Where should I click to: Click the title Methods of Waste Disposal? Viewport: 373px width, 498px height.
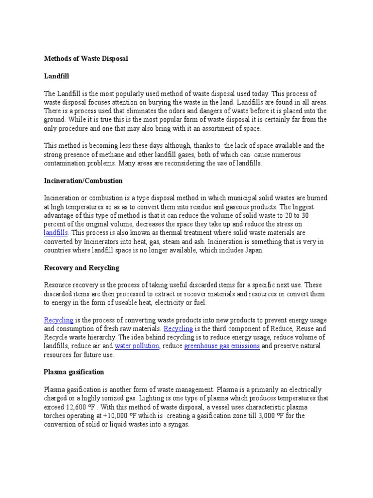coord(86,58)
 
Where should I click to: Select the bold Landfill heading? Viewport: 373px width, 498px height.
coord(57,76)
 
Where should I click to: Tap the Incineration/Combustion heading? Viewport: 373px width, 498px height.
coord(83,180)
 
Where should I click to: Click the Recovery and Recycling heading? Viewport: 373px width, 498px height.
coord(82,267)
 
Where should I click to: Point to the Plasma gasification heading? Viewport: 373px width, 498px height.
coord(74,372)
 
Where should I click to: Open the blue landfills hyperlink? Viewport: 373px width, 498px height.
coord(56,233)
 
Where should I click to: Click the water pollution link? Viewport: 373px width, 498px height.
coord(137,346)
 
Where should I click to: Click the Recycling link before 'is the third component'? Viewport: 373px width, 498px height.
coord(178,329)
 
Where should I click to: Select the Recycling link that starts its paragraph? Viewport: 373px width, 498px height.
coord(58,320)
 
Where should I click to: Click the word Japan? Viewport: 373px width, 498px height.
coord(254,250)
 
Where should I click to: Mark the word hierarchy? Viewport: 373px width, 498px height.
coord(117,337)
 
